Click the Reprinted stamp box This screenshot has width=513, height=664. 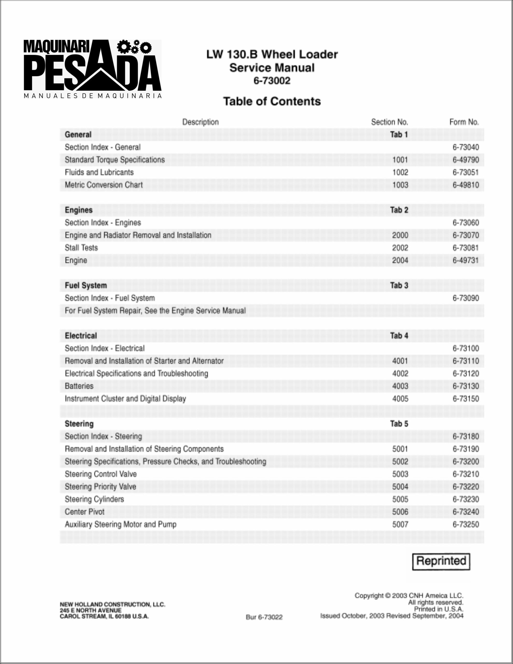point(441,561)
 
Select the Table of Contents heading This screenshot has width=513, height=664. point(272,101)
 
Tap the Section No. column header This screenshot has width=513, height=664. point(389,122)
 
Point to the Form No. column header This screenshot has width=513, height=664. point(464,122)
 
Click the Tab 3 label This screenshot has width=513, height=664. point(399,286)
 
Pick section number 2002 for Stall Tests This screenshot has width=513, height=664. point(400,248)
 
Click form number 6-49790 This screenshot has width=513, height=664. point(466,160)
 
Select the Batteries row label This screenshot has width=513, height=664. point(79,386)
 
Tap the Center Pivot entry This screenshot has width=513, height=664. point(85,512)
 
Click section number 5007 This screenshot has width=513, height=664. point(400,524)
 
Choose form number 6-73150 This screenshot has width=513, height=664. point(466,399)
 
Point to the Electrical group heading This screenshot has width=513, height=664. point(81,336)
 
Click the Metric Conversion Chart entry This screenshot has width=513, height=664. point(104,185)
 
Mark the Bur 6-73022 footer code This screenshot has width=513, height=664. point(264,617)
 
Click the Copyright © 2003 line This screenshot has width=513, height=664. point(409,596)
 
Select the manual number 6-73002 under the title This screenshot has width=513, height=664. point(272,81)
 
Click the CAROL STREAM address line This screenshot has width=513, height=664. point(104,617)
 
